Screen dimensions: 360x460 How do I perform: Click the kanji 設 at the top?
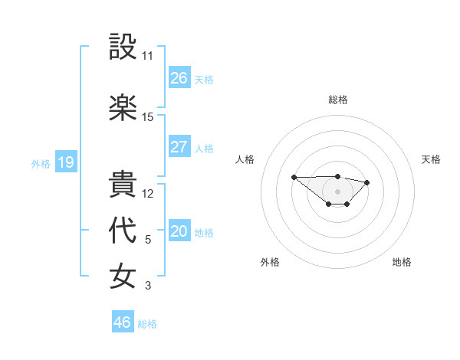[123, 47]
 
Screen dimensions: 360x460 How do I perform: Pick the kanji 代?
[123, 231]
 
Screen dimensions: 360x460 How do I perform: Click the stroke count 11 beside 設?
[147, 56]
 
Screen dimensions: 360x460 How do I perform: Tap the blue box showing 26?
[179, 78]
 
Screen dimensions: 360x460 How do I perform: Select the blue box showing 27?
[179, 147]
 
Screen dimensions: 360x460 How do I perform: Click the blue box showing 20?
[179, 231]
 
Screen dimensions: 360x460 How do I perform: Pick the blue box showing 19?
[65, 162]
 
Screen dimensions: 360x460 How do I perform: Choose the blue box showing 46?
[123, 322]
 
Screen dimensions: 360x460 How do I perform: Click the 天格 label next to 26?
[204, 80]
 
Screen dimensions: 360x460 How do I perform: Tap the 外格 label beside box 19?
[41, 163]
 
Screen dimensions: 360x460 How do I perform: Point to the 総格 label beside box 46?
[147, 324]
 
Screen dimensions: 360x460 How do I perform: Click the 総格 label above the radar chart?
[338, 100]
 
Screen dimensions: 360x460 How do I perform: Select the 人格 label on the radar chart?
[245, 159]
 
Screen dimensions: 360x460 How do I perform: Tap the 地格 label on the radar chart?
[402, 262]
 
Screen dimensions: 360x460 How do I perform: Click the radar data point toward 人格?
[294, 177]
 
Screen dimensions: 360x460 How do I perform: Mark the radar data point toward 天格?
[367, 182]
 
